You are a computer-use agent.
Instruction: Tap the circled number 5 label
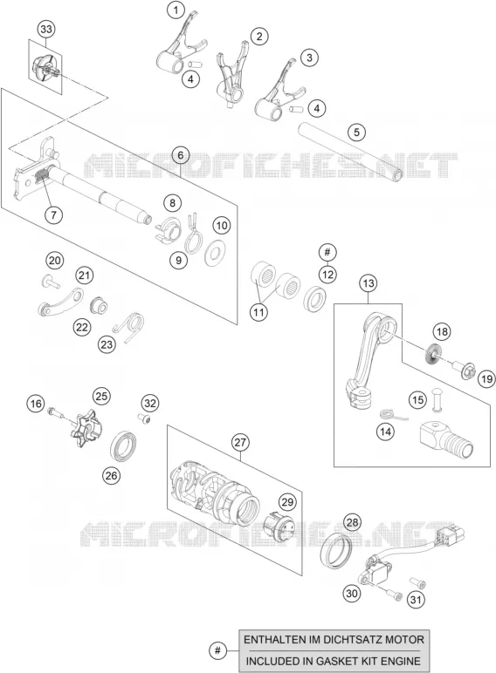pyautogui.click(x=356, y=132)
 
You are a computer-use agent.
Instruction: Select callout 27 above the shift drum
pyautogui.click(x=240, y=442)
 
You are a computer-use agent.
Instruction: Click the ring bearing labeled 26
pyautogui.click(x=125, y=446)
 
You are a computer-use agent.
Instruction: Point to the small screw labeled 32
pyautogui.click(x=145, y=419)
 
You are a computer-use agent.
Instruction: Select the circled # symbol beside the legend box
pyautogui.click(x=218, y=650)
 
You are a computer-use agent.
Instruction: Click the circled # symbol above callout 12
pyautogui.click(x=327, y=252)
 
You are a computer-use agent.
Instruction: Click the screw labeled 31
pyautogui.click(x=417, y=583)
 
